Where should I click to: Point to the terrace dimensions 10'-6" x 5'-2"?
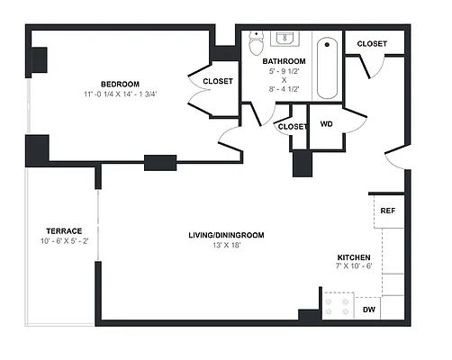[x=64, y=241]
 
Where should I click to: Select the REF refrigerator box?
[x=388, y=211]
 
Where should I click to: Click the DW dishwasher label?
[x=369, y=310]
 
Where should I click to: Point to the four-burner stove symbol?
[x=340, y=307]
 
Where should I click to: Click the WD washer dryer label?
[x=327, y=124]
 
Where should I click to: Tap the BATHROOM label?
[x=284, y=62]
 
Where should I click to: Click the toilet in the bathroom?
[x=257, y=42]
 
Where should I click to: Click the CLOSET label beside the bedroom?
[x=218, y=81]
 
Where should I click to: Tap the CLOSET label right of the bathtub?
[x=372, y=43]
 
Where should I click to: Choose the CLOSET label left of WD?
[x=293, y=127]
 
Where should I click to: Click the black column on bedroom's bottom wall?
[x=159, y=163]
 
